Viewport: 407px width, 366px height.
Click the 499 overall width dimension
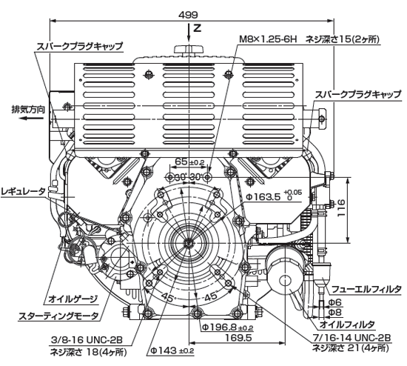[188, 15]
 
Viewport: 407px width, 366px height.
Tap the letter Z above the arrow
[198, 27]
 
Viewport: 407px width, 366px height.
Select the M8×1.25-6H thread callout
[268, 40]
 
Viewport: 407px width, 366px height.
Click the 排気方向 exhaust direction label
[28, 110]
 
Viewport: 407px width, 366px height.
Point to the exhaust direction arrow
[32, 119]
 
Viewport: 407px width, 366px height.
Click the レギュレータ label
[24, 192]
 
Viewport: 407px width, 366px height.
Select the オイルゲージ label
[73, 299]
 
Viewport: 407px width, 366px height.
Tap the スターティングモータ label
[58, 316]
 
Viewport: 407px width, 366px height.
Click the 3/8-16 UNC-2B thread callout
[87, 339]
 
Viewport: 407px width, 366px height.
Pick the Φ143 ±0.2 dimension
[172, 350]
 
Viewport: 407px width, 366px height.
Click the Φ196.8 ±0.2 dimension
[227, 327]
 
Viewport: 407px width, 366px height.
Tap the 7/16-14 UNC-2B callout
[351, 338]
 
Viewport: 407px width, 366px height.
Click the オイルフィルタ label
[347, 325]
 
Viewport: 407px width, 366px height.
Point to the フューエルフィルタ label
[367, 289]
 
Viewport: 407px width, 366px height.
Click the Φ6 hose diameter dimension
[335, 302]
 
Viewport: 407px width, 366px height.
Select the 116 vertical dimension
[341, 208]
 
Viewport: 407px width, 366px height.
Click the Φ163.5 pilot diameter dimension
[273, 196]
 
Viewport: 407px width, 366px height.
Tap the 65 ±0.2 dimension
[189, 162]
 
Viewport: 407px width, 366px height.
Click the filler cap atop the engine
[189, 50]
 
